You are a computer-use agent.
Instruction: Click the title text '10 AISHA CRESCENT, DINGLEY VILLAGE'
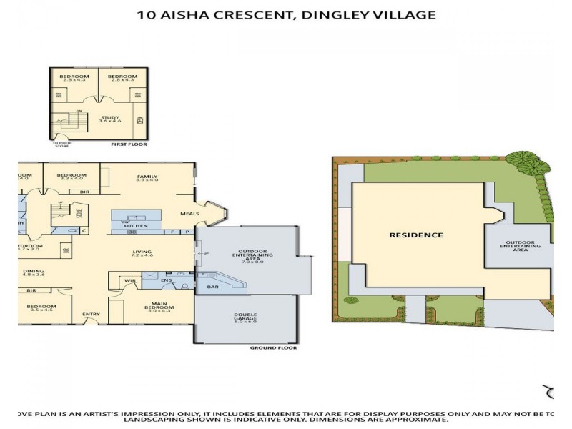click(x=286, y=14)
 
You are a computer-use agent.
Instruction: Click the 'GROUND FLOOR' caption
click(x=273, y=348)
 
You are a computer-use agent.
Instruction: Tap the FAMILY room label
click(x=147, y=177)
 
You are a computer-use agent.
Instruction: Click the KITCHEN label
click(x=136, y=226)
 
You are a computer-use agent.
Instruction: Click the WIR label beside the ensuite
click(x=129, y=281)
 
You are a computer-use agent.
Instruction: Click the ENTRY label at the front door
click(x=91, y=315)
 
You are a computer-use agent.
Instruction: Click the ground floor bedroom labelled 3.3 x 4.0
click(x=71, y=177)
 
